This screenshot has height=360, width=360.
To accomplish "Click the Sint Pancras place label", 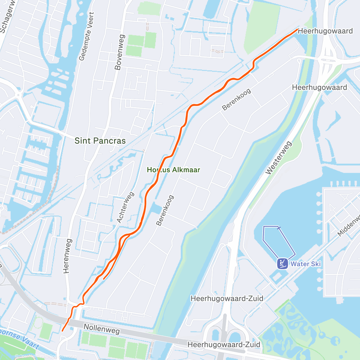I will (100, 141).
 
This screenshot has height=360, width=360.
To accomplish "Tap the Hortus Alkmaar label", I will (173, 170).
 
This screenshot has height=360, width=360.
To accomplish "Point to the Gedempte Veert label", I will (86, 36).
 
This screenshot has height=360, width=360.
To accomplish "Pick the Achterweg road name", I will (125, 207).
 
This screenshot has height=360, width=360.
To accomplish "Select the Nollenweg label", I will (102, 329).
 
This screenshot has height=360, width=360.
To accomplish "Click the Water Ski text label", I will (306, 264).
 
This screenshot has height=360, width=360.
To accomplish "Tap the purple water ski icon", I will (282, 264).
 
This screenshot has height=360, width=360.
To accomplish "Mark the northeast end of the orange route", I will (297, 29).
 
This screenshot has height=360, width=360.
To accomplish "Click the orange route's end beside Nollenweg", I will (62, 331).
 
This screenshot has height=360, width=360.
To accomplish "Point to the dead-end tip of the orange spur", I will (103, 279).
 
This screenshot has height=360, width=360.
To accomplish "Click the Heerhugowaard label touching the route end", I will (325, 31).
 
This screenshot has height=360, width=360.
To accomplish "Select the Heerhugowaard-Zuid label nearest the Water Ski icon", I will (227, 298).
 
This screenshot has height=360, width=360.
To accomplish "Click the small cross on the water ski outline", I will (279, 228).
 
